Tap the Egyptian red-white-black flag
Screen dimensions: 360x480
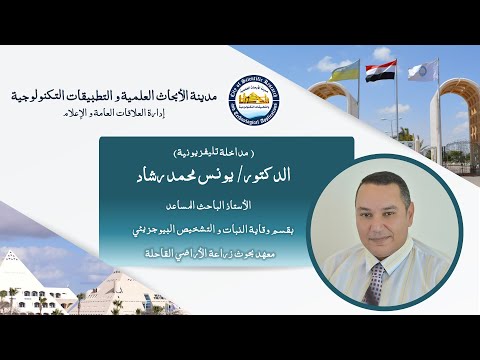coord(380,72)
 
